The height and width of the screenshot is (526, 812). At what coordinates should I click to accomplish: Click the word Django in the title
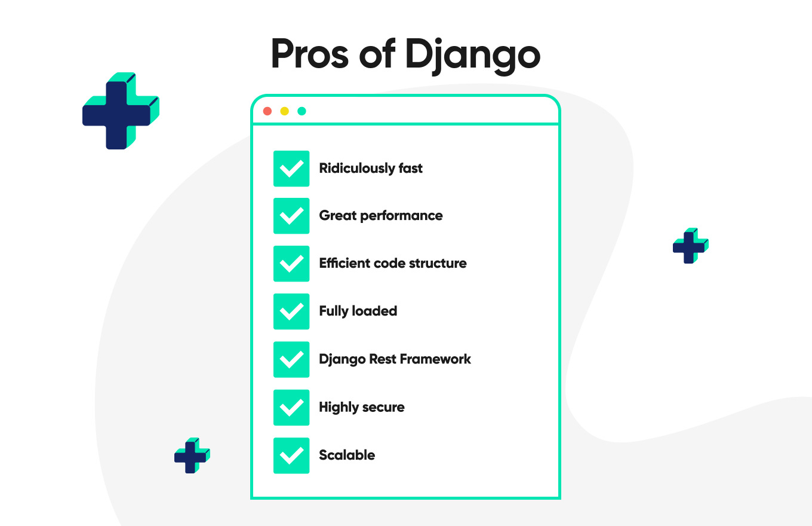472,56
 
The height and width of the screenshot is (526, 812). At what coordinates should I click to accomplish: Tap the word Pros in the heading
310,54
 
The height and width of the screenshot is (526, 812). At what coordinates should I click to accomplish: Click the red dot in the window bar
267,111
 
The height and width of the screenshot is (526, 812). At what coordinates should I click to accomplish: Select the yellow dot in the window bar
285,111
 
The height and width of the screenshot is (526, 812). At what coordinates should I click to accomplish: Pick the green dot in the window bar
302,111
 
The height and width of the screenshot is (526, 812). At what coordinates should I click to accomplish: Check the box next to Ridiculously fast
291,169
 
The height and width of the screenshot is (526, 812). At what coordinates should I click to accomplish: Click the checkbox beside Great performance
291,216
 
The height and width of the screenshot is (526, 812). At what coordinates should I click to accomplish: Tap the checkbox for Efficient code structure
291,264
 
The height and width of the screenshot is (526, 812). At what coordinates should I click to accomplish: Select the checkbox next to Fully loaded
291,311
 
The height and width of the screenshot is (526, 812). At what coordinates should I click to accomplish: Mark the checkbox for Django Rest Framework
291,359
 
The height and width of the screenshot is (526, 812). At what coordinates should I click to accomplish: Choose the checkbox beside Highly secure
291,407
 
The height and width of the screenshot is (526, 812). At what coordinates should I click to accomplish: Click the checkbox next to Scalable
291,455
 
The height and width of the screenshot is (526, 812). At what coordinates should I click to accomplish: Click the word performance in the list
401,216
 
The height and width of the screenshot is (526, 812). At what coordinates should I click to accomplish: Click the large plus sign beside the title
121,111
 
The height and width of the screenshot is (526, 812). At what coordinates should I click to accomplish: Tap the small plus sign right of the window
691,246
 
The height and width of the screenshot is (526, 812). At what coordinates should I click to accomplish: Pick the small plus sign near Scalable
192,455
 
